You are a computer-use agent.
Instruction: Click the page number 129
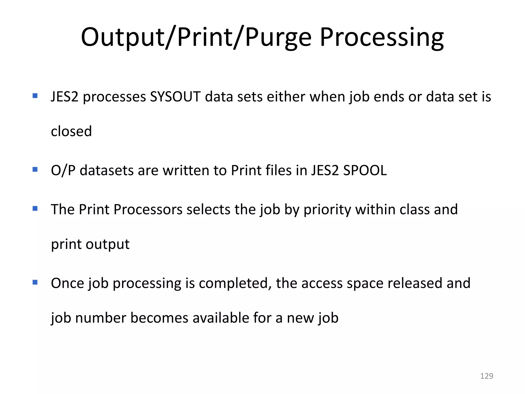(487, 376)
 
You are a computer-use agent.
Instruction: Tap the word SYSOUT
(175, 97)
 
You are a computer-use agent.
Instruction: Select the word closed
(71, 131)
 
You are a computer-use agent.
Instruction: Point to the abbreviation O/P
(63, 170)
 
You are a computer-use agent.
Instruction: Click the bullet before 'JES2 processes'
(35, 96)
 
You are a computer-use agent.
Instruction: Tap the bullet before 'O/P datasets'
(35, 169)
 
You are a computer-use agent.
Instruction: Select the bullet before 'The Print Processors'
(35, 208)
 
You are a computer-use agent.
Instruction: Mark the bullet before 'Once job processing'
(35, 282)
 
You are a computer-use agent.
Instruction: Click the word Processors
(148, 209)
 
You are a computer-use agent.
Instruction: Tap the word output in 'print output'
(108, 244)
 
